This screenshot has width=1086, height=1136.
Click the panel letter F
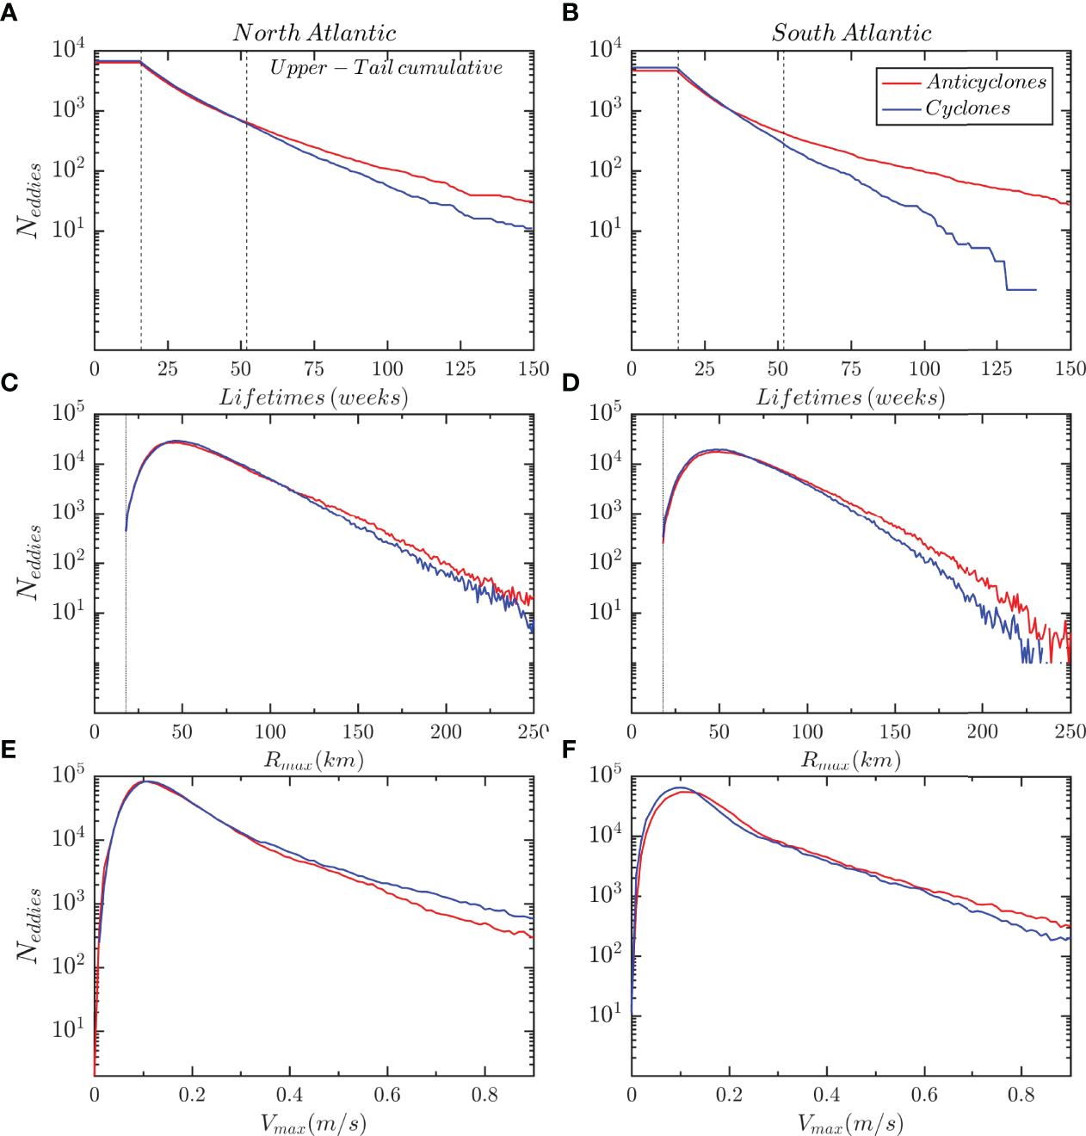(568, 750)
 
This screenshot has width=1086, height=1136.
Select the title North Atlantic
(314, 33)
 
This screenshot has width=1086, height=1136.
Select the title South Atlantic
(851, 33)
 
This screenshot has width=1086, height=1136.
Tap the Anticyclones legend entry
(985, 82)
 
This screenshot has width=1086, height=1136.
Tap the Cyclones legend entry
(967, 108)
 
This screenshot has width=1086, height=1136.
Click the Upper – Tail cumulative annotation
(386, 68)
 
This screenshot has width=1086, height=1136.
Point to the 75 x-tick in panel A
(314, 369)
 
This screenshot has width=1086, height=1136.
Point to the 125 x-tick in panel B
(997, 369)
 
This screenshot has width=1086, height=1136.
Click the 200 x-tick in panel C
(446, 732)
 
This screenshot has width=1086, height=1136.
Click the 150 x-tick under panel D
(894, 732)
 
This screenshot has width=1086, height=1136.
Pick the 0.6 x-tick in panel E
(386, 1095)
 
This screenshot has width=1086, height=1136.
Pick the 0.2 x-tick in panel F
(729, 1095)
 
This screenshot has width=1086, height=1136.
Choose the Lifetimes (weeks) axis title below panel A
(313, 398)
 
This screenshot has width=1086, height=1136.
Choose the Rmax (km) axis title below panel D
(851, 761)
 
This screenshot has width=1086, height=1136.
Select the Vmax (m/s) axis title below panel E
(313, 1123)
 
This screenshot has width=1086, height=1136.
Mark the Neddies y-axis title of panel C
(28, 562)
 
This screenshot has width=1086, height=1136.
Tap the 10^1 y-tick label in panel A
(68, 229)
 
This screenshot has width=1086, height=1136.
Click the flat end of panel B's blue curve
(1021, 290)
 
